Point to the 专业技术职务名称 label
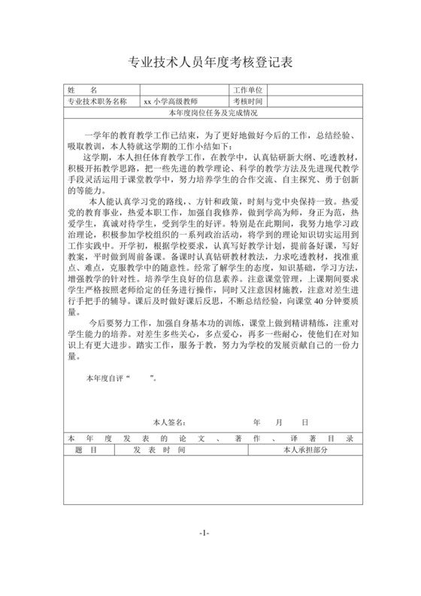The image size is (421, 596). coord(98,101)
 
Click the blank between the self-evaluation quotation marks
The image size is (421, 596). coord(143,378)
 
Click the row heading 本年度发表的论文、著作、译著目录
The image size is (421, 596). coord(210,439)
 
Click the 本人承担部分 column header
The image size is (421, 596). coord(304,449)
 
